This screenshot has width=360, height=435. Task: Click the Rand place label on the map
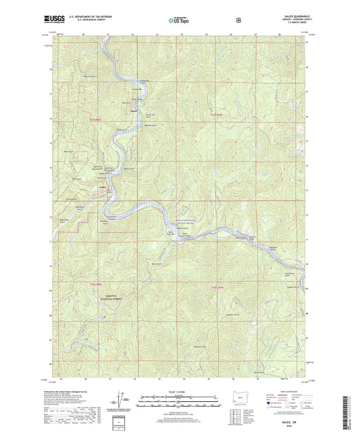pyautogui.click(x=134, y=109)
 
